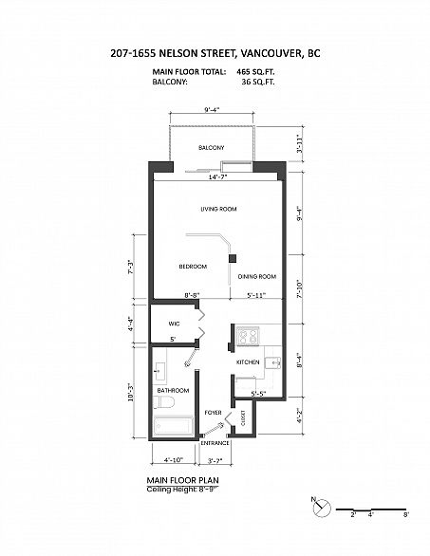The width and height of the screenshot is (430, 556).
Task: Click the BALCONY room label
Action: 211,147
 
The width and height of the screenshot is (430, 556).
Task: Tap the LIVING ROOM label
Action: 218,209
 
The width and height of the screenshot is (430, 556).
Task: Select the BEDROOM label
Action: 193,267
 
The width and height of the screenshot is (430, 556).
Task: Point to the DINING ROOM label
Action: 257,277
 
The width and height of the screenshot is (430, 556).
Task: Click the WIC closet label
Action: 174,324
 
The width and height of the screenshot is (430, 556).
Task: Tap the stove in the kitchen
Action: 248,337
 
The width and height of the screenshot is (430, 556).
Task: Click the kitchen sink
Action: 273,362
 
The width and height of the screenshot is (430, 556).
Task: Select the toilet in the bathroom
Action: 164,402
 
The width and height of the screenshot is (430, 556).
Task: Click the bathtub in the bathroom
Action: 174,425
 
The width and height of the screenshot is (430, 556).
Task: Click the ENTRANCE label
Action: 215,443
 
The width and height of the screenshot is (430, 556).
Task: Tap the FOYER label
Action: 213,413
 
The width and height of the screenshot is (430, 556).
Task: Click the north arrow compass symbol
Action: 322,508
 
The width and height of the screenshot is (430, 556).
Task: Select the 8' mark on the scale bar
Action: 406,514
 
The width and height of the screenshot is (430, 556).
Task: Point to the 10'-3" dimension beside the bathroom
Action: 131,392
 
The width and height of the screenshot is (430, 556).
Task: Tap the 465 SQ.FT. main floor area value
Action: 255,72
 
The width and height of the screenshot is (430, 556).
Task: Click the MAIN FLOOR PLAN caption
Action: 182,480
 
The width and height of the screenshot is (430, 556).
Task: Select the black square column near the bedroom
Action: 233,258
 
